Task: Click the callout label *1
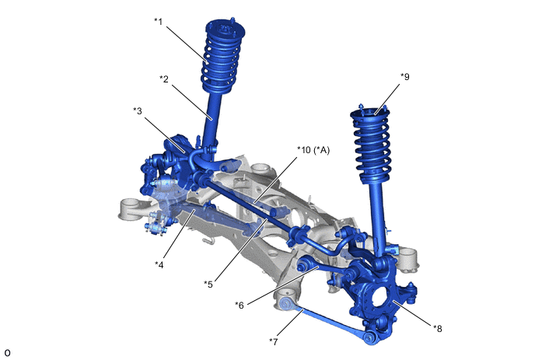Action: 158,22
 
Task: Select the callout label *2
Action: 164,79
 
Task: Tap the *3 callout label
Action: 137,111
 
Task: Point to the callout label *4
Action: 159,264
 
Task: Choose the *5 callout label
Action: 208,284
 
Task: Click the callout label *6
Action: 240,305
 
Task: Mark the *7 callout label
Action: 273,341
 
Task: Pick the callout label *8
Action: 438,328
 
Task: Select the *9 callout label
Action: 404,77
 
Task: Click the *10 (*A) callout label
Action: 313,150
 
